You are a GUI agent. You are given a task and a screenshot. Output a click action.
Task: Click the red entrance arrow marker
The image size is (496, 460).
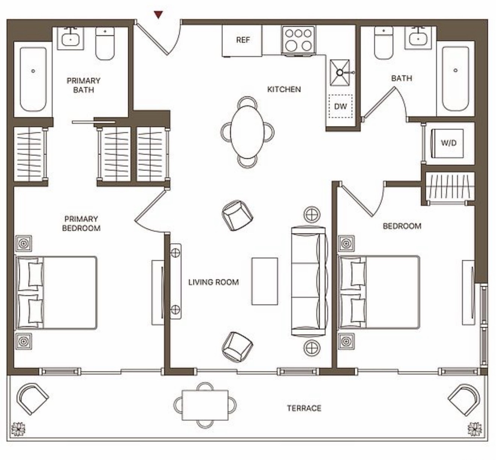(158, 15)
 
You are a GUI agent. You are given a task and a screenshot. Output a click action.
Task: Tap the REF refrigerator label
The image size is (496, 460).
(243, 40)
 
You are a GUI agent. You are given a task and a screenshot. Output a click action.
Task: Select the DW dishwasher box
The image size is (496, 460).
(341, 106)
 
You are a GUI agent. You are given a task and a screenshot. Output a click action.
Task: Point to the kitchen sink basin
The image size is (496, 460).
(340, 73)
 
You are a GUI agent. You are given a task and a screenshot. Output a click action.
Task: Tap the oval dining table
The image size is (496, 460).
(248, 132)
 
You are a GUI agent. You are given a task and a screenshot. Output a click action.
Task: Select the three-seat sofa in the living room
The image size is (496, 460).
(309, 281)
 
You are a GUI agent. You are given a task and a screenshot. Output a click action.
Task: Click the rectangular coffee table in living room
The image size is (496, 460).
(264, 281)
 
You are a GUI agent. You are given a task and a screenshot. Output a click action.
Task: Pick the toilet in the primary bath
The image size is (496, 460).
(105, 44)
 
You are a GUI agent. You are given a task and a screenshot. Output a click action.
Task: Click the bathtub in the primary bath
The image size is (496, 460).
(33, 79)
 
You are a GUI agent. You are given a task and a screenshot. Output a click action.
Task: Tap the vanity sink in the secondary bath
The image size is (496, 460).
(418, 38)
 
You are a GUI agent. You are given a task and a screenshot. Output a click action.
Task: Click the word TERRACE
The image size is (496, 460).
(304, 408)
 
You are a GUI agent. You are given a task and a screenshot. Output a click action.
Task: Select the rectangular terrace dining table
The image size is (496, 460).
(205, 405)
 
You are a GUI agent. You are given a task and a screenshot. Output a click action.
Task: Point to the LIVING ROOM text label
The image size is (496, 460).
(214, 282)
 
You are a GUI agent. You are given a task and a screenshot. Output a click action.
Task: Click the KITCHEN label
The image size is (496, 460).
(284, 89)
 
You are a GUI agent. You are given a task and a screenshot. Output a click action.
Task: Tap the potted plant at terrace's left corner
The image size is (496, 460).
(18, 429)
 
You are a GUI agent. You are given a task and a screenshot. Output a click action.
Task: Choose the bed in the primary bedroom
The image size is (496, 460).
(56, 293)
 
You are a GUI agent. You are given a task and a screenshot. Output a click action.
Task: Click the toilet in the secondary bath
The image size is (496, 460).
(384, 43)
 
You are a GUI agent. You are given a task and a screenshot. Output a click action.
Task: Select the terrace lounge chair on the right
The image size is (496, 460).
(464, 399)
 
